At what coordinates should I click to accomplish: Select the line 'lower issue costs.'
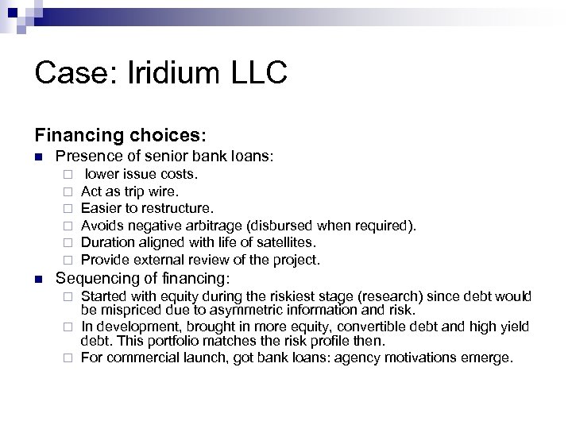tap(142, 174)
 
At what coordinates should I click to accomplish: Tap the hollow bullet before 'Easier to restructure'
tap(69, 209)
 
